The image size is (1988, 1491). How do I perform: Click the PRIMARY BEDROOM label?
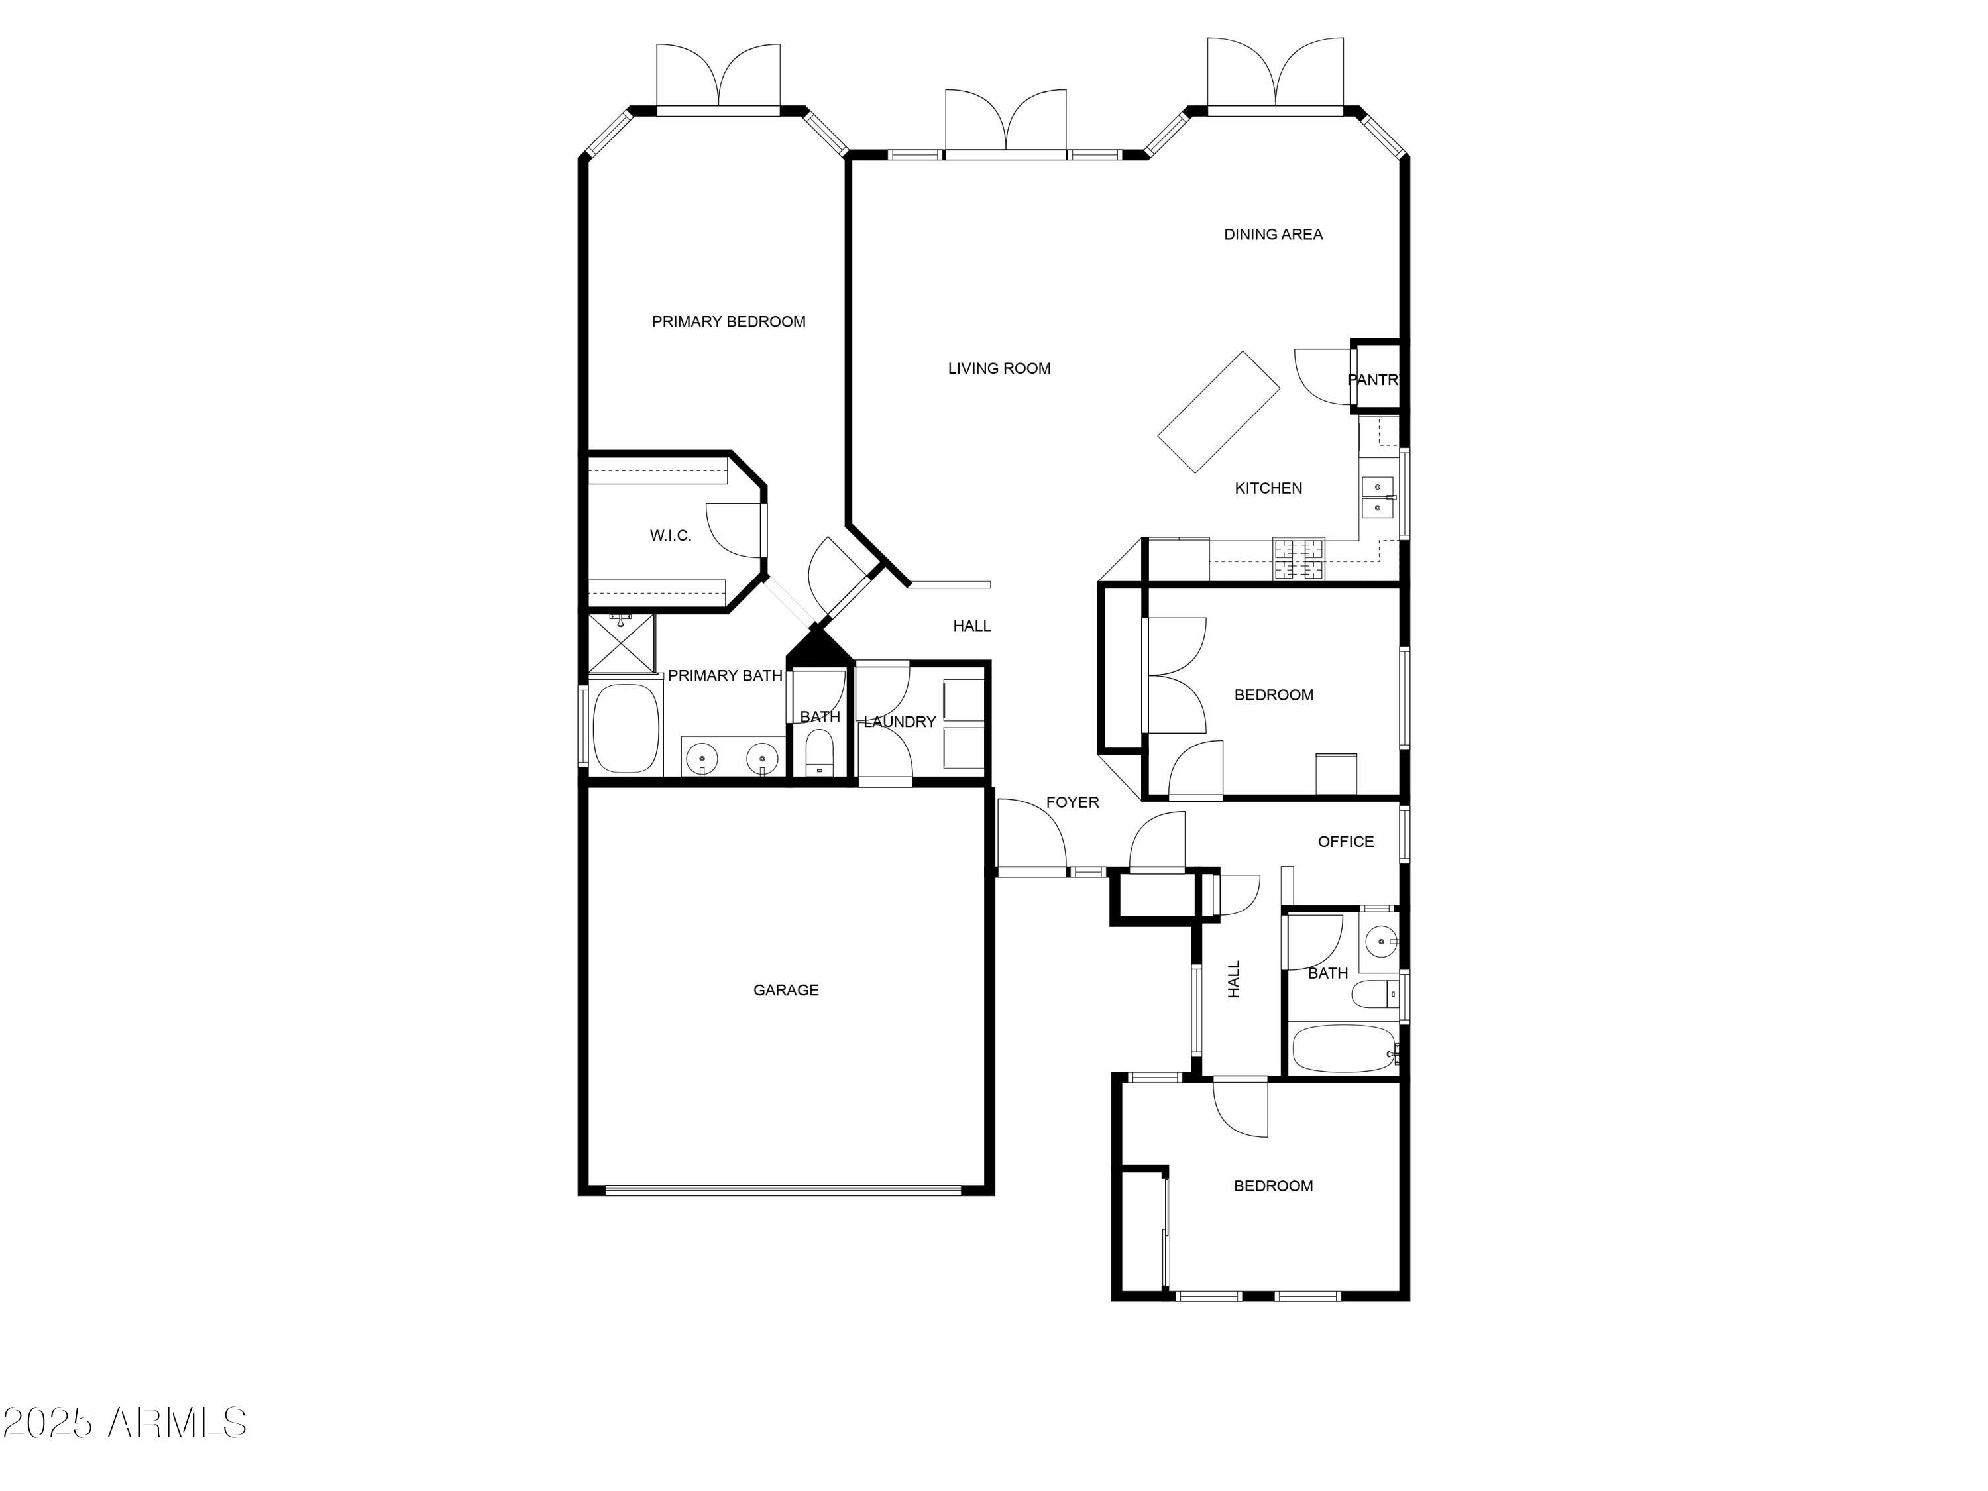[x=728, y=322]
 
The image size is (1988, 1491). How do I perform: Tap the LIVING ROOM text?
[x=999, y=368]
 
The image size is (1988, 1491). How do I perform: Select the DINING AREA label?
[x=1272, y=235]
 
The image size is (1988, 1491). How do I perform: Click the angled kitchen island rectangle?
[x=1218, y=412]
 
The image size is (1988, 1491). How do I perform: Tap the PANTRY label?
[x=1372, y=380]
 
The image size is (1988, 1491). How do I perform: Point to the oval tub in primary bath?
[x=626, y=729]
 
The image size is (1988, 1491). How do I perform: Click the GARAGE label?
[x=785, y=991]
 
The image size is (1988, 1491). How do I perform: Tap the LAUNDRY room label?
[x=900, y=722]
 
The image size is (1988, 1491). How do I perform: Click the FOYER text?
[x=1072, y=802]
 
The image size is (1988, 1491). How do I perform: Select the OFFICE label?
[x=1345, y=842]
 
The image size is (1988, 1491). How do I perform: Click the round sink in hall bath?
[x=1380, y=942]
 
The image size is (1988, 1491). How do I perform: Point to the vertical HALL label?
[x=1234, y=979]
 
